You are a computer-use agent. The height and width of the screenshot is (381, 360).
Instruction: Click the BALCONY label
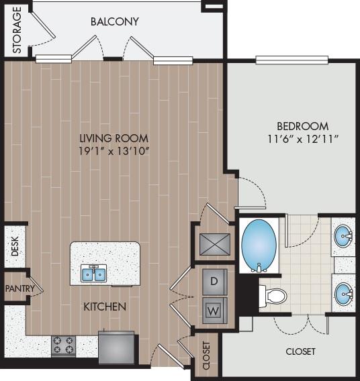click(114, 21)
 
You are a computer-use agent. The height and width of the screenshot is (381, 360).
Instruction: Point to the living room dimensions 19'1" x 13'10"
click(114, 151)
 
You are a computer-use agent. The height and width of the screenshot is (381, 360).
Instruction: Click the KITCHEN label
click(105, 307)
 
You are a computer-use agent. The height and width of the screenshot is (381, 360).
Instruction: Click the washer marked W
click(215, 310)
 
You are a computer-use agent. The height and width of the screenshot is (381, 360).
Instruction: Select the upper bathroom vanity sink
click(344, 235)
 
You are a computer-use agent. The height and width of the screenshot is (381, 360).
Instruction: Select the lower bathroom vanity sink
click(344, 292)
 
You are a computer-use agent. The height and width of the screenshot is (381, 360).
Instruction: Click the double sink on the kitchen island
click(95, 274)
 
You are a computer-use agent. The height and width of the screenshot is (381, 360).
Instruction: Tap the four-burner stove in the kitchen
click(64, 345)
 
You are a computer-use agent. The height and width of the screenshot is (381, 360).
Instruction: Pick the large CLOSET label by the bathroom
click(300, 351)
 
